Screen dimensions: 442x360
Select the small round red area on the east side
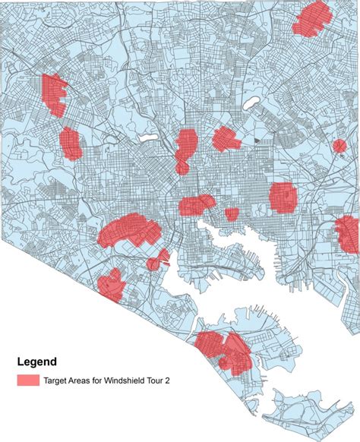click(x=339, y=146)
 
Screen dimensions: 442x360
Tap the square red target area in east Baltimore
click(x=283, y=196)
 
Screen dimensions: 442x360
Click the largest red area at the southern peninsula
click(x=224, y=350)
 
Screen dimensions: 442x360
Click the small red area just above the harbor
click(x=232, y=214)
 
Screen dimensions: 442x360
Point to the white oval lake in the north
click(x=251, y=102)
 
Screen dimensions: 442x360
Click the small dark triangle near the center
click(x=257, y=140)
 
